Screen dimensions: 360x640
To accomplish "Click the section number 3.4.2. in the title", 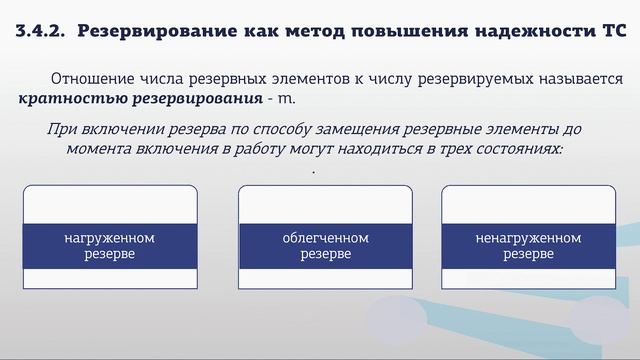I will pos(40,31).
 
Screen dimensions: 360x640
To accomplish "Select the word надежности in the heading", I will pos(523,31).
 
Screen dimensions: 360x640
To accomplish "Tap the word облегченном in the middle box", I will pos(326,238).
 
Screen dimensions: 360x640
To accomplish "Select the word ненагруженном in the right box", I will pos(528,238).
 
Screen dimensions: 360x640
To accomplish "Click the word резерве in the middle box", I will pos(326,254).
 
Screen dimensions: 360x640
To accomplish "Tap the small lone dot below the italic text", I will pos(314,172).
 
